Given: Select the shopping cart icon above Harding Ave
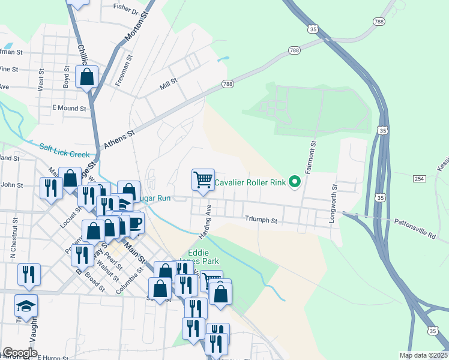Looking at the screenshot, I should pyautogui.click(x=203, y=179).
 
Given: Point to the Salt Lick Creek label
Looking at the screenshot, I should pyautogui.click(x=64, y=150).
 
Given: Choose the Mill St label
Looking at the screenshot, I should pyautogui.click(x=169, y=81).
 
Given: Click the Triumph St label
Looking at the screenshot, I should pyautogui.click(x=261, y=220).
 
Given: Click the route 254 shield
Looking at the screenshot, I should pyautogui.click(x=420, y=179).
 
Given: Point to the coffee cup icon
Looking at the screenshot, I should pyautogui.click(x=134, y=222).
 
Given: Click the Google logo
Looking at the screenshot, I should pyautogui.click(x=20, y=353).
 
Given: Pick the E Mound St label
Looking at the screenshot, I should pyautogui.click(x=69, y=108).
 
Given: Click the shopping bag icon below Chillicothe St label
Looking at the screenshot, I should pyautogui.click(x=87, y=77).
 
